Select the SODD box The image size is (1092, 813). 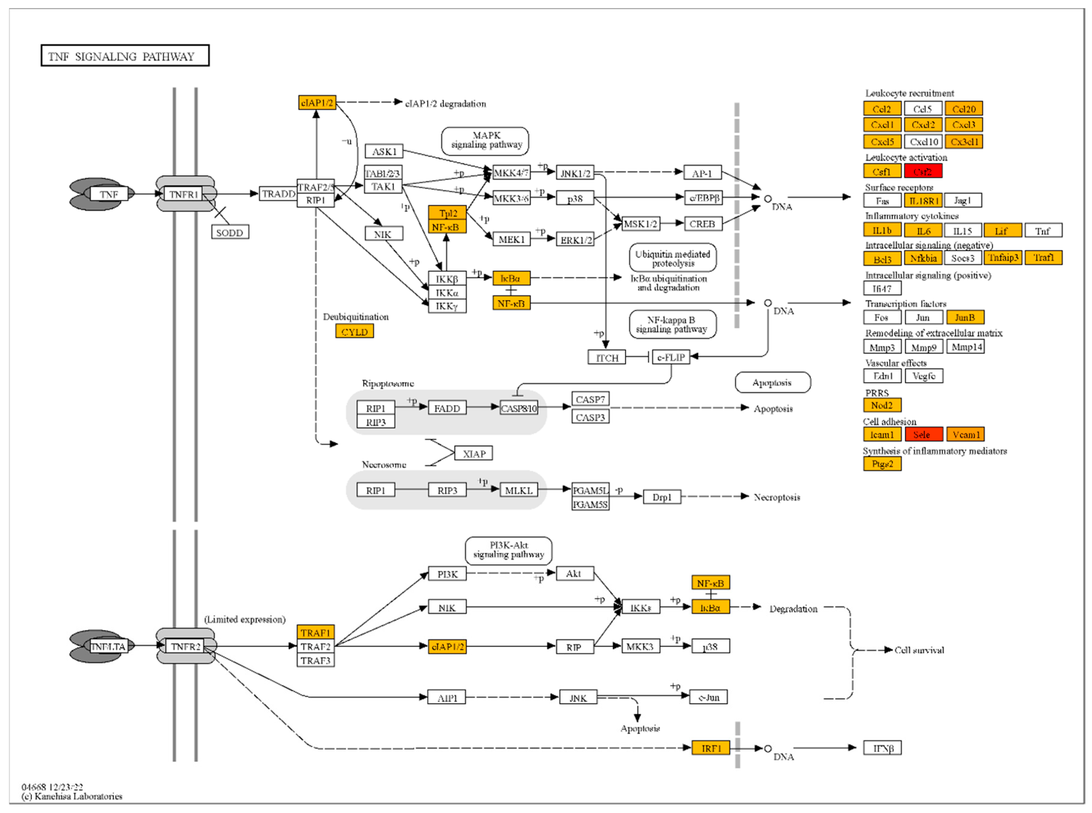[229, 232]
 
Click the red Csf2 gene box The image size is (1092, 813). [923, 171]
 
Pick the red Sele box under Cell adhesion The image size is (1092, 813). [923, 435]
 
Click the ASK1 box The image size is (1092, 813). [383, 151]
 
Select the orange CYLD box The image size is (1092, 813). [354, 332]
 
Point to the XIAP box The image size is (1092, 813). [473, 454]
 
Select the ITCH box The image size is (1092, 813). [606, 358]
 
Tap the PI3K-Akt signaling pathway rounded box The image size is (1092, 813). [508, 550]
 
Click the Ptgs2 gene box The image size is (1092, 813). [882, 464]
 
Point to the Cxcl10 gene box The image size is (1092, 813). [923, 142]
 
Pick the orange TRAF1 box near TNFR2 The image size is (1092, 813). [315, 632]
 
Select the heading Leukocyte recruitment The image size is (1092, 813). [909, 93]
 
